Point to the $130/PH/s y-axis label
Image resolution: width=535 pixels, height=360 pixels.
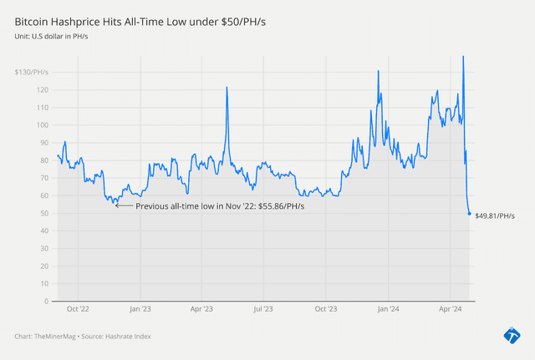(33, 73)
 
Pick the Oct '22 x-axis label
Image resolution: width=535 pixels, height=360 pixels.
(79, 309)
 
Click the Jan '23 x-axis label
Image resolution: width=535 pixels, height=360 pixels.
(140, 309)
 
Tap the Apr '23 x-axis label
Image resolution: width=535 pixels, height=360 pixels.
(201, 309)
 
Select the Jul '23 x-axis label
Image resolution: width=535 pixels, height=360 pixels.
(263, 309)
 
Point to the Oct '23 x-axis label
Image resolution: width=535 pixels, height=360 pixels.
(326, 309)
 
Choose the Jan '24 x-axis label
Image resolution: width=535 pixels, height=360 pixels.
(389, 309)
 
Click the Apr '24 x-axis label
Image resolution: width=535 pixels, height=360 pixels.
(451, 309)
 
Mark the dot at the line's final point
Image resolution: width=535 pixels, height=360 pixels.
(469, 214)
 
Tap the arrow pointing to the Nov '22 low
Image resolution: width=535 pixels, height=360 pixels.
(124, 205)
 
